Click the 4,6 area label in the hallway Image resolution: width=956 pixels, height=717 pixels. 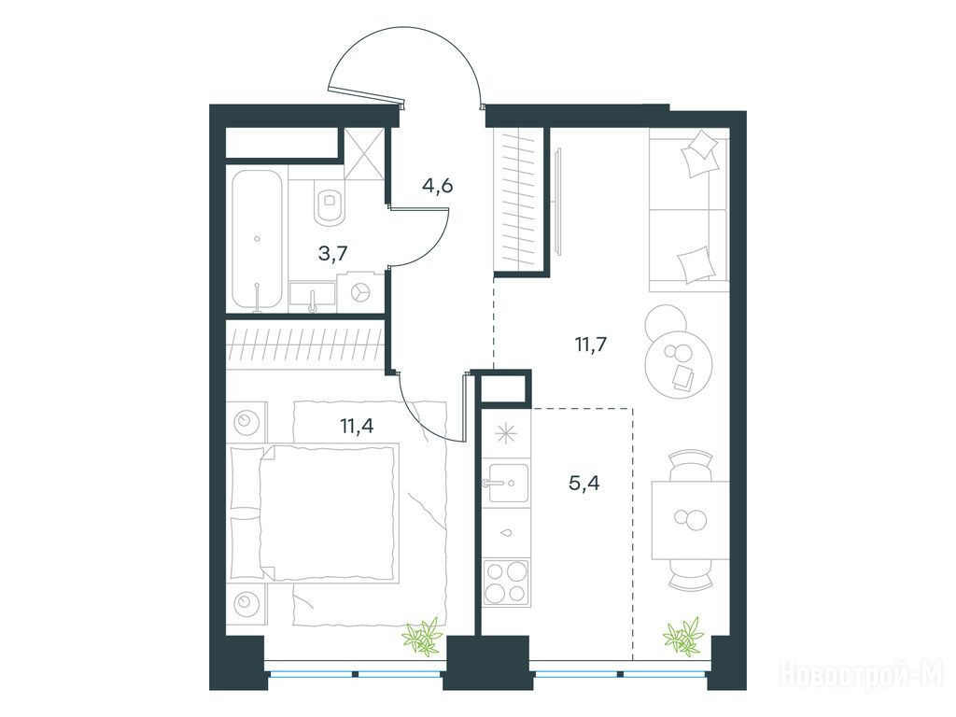click(x=437, y=185)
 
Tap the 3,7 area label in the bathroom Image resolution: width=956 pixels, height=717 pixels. click(x=333, y=252)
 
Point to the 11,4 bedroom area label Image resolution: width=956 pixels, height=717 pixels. click(x=357, y=425)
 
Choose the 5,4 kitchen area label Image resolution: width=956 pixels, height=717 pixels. click(x=584, y=484)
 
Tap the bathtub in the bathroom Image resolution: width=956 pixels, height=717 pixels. click(x=258, y=240)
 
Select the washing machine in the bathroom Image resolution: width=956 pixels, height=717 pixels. click(x=362, y=293)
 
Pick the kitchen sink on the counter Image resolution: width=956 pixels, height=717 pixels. click(x=506, y=483)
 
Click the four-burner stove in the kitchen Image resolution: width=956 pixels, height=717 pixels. click(x=505, y=582)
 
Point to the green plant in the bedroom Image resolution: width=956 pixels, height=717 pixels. click(x=422, y=637)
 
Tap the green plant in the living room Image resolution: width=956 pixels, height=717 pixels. click(x=684, y=637)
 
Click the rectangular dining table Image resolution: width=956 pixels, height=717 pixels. click(x=691, y=520)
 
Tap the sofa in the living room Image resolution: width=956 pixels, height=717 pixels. click(x=690, y=210)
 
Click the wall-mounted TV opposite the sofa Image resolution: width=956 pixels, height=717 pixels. click(x=558, y=198)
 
